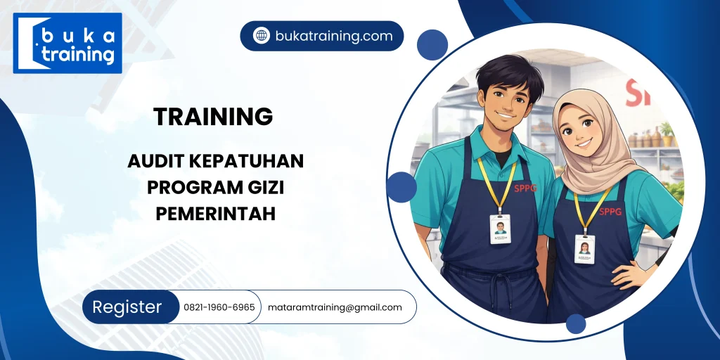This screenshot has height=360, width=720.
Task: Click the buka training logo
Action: [x=67, y=43]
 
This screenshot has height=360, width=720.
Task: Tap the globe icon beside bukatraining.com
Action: [x=262, y=36]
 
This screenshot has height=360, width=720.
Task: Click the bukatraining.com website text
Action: [x=333, y=36]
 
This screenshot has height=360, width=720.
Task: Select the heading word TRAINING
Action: [x=213, y=117]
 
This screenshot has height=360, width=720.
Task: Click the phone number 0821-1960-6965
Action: [x=219, y=307]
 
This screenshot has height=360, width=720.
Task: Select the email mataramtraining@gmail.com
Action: [x=335, y=307]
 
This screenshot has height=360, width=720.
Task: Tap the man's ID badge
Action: [x=500, y=229]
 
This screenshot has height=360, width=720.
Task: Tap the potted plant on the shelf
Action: [x=667, y=131]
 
